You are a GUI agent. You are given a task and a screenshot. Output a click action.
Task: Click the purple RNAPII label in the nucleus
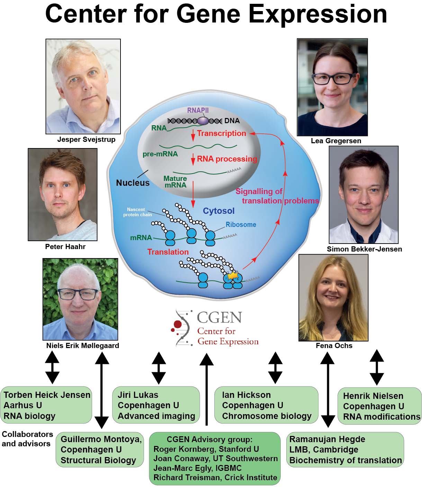(198, 110)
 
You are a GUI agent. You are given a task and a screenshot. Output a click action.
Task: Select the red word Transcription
(221, 134)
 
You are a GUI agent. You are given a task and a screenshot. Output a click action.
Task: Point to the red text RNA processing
(227, 159)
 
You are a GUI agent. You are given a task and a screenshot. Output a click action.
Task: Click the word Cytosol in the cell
(218, 211)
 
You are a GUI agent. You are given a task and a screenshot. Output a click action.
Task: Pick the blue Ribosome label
(241, 225)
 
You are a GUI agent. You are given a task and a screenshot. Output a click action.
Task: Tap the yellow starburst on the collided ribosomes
(232, 276)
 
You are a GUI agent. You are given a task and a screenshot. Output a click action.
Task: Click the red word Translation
(168, 252)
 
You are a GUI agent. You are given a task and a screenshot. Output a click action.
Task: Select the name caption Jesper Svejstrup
(86, 139)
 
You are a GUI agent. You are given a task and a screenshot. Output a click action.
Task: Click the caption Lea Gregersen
(336, 141)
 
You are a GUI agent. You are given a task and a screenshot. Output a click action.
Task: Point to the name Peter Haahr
(65, 247)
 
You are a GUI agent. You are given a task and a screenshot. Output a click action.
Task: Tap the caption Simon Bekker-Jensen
(364, 249)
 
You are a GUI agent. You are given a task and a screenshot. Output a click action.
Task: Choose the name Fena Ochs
(334, 346)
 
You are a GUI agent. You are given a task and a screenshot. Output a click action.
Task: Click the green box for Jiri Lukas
(156, 405)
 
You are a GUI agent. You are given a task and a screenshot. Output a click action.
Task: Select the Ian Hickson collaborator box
(266, 405)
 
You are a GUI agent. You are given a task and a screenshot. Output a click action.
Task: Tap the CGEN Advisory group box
(215, 458)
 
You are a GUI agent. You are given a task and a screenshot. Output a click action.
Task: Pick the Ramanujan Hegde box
(345, 450)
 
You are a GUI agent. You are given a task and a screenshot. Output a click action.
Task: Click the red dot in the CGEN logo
(178, 324)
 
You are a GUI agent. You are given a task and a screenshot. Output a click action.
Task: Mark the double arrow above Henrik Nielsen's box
(377, 367)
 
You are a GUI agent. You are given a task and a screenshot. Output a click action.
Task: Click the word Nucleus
(133, 183)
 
